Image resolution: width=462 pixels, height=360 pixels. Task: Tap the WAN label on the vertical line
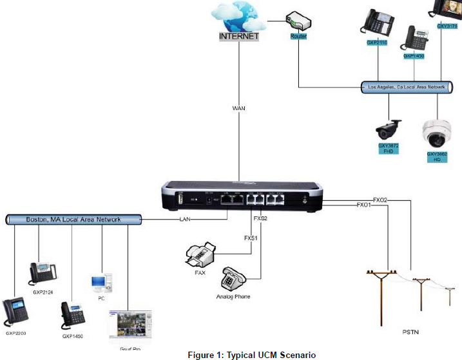239,108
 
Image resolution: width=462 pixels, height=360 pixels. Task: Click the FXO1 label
365,205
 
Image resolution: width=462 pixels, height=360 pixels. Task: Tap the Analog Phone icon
233,279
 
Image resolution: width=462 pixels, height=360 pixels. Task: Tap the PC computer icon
99,283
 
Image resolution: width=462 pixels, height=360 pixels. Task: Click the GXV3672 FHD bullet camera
389,129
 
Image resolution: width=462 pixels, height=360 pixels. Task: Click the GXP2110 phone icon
378,23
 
